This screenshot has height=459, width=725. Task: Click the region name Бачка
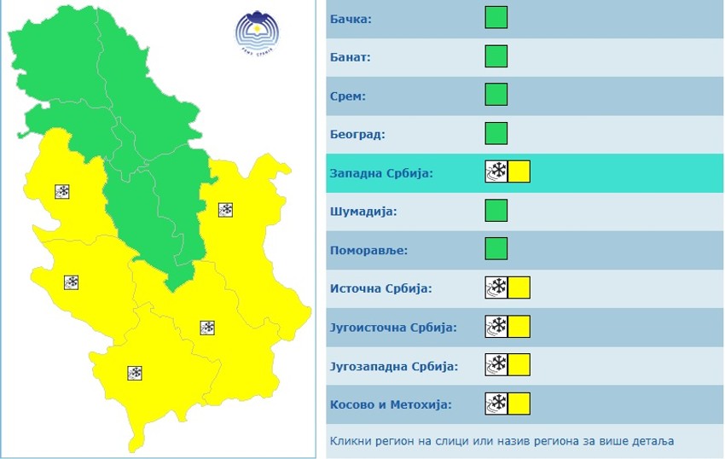coord(351,19)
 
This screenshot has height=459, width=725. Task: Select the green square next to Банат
coord(496,57)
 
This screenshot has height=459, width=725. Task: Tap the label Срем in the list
coord(348,96)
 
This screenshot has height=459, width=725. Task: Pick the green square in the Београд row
coord(496,134)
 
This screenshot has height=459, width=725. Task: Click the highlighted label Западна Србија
coord(381,173)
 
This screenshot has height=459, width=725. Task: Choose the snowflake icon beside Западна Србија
coord(496,172)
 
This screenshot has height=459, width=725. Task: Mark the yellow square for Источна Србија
coord(519,288)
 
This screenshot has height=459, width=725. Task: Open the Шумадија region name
coord(363,212)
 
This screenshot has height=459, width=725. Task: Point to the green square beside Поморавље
coord(496,249)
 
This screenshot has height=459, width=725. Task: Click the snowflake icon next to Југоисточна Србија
coord(496,327)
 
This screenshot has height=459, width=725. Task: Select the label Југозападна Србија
coord(394,366)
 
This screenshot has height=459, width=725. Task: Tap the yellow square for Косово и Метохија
coord(519,404)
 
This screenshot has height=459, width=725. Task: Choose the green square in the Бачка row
coord(496,18)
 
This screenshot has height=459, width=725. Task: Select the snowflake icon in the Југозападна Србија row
coord(496,365)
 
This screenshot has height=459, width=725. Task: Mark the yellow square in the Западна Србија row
coord(519,172)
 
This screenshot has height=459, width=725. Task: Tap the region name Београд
coord(357,135)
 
